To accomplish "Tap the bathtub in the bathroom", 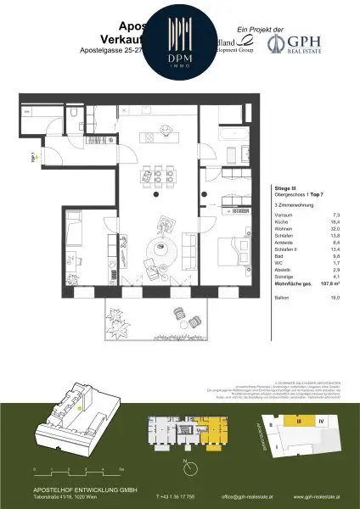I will [x=231, y=136].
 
